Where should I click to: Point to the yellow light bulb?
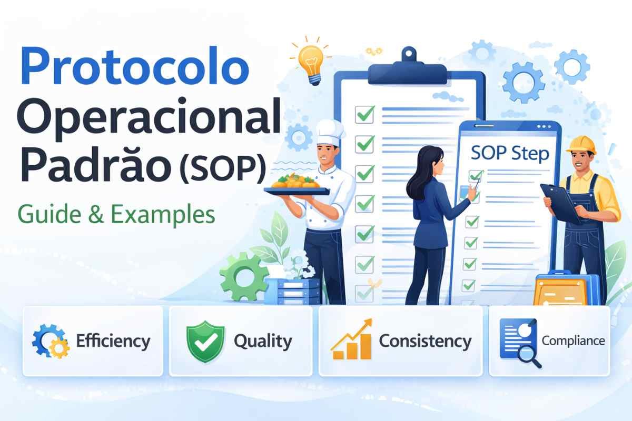(x=312, y=61)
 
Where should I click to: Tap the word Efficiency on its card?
(x=113, y=341)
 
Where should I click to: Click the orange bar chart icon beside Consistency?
(x=351, y=342)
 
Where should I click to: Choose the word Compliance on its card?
(x=573, y=340)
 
